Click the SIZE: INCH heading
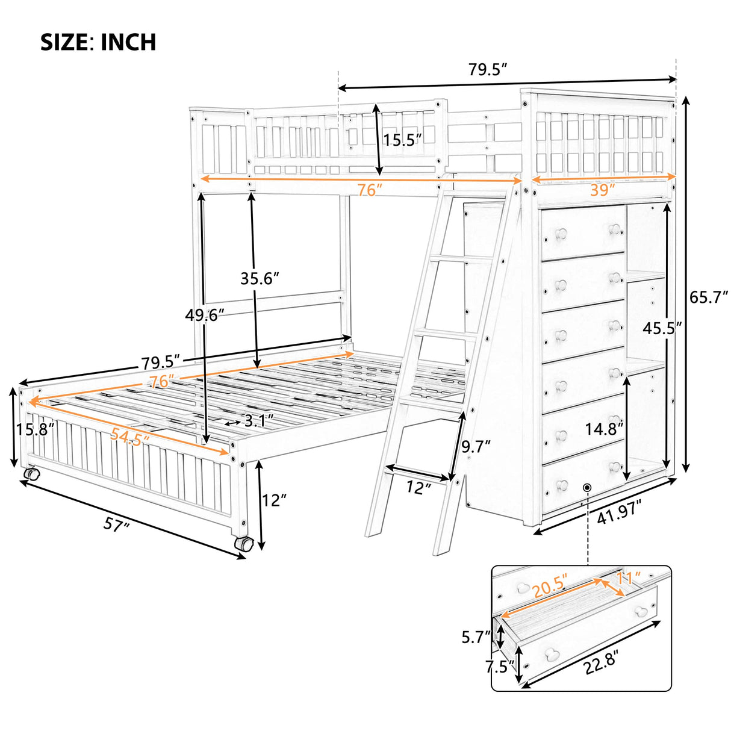98,42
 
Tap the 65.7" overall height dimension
709,297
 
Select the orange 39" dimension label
603,189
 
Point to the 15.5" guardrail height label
403,140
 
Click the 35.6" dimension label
260,279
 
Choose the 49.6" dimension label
205,314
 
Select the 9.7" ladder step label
476,446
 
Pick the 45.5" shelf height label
662,329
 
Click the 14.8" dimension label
605,429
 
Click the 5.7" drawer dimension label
476,636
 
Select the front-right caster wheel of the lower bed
243,543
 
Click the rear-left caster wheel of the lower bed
31,474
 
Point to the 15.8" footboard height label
36,429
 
